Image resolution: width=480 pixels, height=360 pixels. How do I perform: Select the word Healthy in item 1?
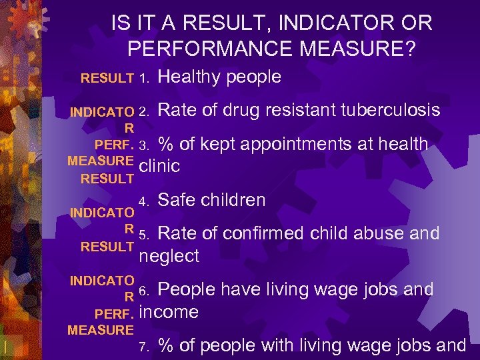point(189,77)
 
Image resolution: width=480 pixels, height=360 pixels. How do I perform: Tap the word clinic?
point(159,166)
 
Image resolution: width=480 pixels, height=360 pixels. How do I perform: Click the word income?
point(170,312)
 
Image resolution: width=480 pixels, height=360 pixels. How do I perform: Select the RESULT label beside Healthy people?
point(107,79)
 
